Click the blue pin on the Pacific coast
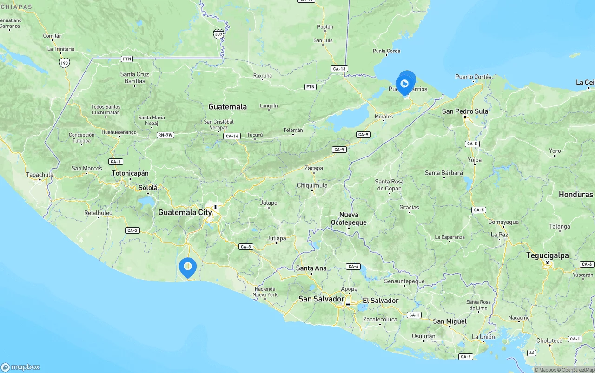tap(188, 267)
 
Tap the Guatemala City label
tap(185, 212)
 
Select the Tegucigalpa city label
tap(547, 255)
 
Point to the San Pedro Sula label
tap(465, 111)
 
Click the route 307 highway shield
tap(218, 34)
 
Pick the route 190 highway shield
tap(65, 62)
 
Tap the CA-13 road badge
tap(339, 69)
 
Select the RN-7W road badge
tap(165, 135)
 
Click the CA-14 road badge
tap(231, 136)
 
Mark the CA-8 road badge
tap(245, 247)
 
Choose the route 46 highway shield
tap(532, 353)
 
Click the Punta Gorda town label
tap(386, 51)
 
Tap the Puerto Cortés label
tap(473, 77)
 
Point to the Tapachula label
tap(40, 175)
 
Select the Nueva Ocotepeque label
tap(349, 219)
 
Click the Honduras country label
tap(575, 194)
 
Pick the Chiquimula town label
tap(312, 185)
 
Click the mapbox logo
tap(20, 367)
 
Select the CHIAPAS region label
tap(16, 7)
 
